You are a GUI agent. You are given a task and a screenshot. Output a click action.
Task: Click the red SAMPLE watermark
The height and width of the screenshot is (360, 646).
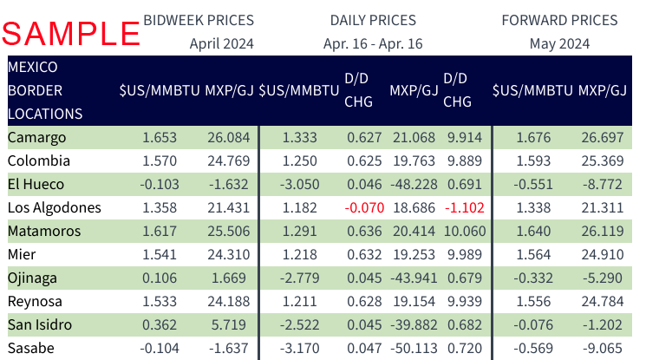[71, 33]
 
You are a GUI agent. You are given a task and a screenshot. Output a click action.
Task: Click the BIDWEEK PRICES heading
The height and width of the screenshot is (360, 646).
[199, 20]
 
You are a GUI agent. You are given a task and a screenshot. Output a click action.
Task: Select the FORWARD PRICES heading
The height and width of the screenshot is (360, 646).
[559, 20]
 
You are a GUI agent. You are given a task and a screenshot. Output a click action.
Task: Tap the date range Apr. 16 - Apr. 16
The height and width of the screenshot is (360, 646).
[373, 43]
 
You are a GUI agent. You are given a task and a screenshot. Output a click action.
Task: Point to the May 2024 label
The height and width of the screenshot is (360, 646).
[559, 43]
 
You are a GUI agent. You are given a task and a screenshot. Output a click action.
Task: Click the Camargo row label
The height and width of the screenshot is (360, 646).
[36, 138]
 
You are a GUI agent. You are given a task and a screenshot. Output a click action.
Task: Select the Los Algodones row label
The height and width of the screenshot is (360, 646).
[55, 208]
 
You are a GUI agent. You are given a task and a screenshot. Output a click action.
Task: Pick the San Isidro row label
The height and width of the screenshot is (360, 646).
[40, 324]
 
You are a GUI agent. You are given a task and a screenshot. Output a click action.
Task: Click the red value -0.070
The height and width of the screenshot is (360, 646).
[364, 207]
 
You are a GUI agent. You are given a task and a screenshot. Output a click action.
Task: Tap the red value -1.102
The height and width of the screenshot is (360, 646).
[464, 207]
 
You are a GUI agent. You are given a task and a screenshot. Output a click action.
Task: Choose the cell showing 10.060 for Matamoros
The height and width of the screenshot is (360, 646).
[465, 231]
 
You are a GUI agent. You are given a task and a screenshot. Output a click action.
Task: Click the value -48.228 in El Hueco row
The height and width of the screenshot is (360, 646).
[414, 184]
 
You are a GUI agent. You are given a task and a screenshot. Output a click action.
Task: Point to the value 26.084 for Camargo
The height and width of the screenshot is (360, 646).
[229, 137]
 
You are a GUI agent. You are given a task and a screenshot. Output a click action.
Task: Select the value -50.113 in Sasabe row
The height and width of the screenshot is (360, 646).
[414, 348]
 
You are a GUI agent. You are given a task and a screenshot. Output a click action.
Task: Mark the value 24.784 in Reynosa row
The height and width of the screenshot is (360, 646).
[603, 301]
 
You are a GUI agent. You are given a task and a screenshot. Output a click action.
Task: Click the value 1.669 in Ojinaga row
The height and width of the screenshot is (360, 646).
[229, 278]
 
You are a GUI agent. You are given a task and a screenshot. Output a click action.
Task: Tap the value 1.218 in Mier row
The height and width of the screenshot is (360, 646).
[299, 254]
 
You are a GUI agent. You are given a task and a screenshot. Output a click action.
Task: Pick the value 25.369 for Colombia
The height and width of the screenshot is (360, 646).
[603, 160]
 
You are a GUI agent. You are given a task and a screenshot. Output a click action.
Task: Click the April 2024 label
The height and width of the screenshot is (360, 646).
[222, 43]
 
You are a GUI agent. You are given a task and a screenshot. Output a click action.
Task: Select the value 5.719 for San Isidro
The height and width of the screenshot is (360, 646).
[229, 324]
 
